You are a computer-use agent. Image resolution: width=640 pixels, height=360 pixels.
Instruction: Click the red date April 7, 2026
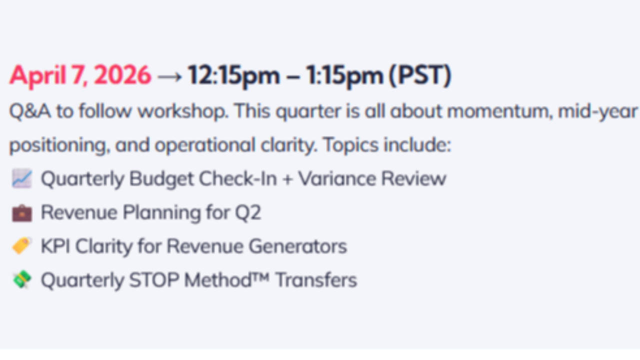[80, 75]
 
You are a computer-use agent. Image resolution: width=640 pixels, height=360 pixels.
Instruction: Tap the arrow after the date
[169, 76]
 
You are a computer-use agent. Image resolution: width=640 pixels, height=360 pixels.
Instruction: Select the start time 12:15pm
[233, 75]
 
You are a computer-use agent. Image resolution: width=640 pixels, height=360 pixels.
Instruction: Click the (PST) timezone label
[420, 75]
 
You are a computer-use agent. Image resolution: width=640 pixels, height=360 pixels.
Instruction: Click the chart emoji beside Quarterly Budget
[22, 178]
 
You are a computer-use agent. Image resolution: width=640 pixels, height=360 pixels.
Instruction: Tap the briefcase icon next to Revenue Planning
[22, 212]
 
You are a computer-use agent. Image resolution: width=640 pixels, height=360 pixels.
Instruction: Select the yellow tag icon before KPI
[22, 246]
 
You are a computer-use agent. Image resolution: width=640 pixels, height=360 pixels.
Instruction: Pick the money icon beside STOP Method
[22, 279]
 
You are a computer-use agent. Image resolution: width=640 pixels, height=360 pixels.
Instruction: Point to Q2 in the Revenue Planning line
[248, 212]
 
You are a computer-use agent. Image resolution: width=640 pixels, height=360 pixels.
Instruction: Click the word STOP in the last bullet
[154, 280]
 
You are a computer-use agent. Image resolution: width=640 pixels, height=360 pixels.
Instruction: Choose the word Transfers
[316, 280]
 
